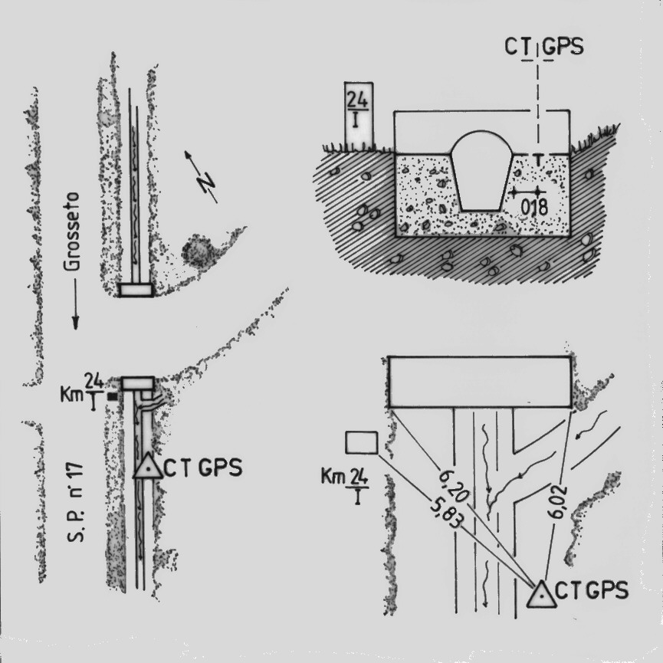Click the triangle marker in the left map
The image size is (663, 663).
(147, 467)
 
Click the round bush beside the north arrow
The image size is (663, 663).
(199, 251)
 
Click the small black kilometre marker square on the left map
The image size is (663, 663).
(112, 397)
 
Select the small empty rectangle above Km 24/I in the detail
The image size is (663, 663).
(361, 443)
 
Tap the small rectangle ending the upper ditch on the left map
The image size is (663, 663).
(136, 289)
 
